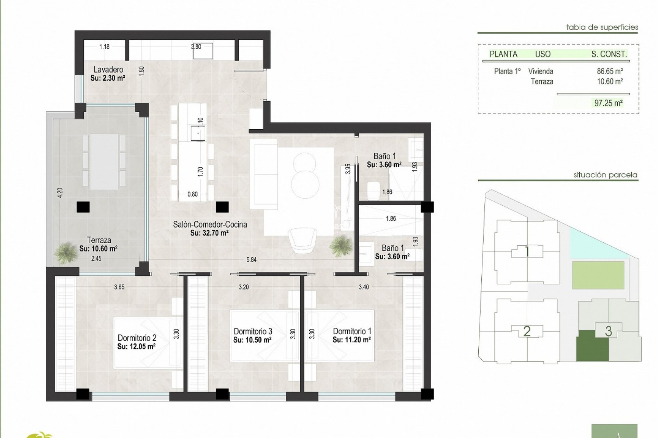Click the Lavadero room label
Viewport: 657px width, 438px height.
106,70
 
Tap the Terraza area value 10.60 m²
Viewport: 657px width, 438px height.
99,249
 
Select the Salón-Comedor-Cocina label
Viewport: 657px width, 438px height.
210,225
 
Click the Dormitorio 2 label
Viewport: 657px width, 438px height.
137,338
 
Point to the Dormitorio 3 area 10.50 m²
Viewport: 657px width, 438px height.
253,340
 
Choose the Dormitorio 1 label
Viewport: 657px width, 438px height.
352,331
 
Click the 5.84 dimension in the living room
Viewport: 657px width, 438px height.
251,260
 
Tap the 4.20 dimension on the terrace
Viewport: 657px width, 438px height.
60,193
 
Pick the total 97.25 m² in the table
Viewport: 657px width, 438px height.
608,103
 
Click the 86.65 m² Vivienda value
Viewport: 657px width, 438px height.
609,72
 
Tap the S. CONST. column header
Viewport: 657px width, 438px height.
609,54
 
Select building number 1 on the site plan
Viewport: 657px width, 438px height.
527,252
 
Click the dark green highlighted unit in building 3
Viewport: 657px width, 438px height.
592,346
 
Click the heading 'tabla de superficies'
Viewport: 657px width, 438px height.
602,27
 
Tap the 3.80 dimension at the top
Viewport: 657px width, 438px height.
196,47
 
